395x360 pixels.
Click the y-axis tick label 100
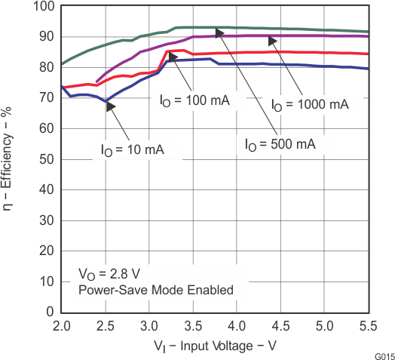pyautogui.click(x=42, y=7)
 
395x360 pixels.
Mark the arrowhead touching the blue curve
pyautogui.click(x=111, y=106)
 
